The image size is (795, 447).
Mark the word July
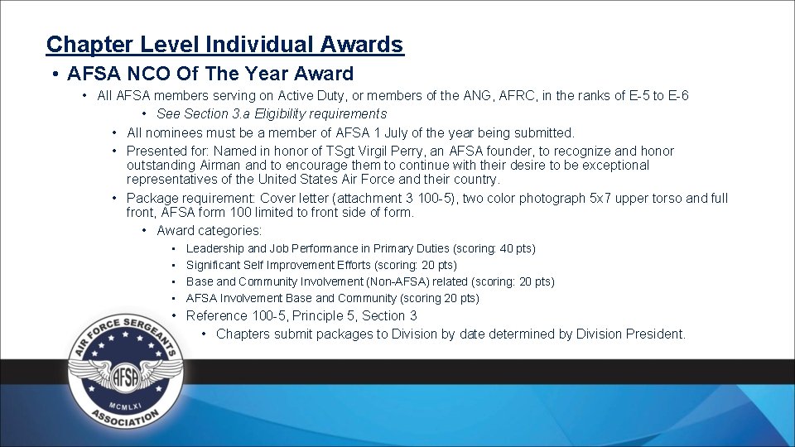point(401,132)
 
